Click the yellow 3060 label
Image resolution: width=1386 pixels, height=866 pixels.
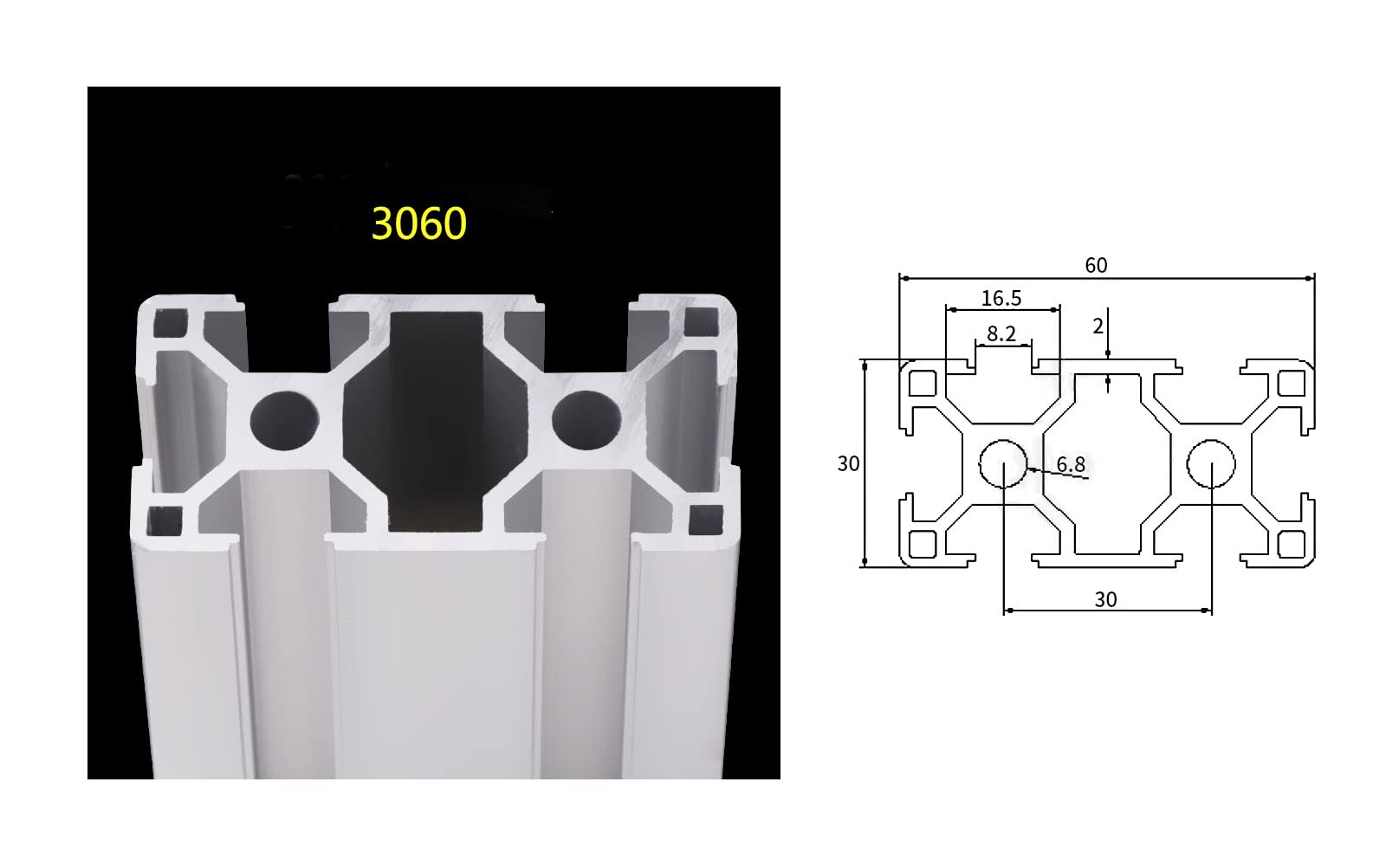419,223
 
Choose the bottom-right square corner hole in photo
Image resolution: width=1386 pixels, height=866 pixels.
703,519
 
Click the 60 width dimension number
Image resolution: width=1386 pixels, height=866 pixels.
1096,266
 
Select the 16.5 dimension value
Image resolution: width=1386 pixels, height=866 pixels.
1001,299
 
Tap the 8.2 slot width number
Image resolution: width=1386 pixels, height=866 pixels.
1001,334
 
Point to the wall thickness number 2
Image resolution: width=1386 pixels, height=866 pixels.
1098,326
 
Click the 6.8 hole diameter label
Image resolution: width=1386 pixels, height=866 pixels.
1071,465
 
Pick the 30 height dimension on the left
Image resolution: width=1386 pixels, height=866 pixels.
848,464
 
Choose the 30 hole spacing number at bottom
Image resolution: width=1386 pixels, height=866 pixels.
1105,599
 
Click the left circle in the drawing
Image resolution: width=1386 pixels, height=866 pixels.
1002,463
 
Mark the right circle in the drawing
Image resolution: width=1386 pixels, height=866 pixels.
1210,463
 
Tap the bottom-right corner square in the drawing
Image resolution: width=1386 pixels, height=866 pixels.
1292,544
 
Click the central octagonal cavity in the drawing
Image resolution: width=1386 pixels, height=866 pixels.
1106,463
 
